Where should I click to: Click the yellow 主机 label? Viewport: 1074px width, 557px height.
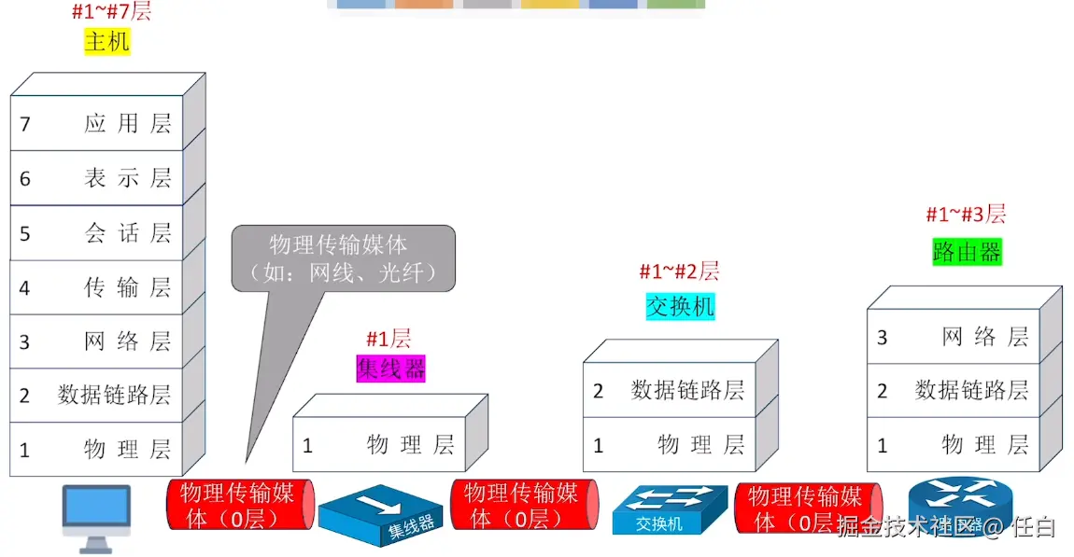tap(106, 42)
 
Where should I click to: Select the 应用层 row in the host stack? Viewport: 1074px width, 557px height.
tap(96, 123)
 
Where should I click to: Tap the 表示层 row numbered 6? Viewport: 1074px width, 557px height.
tap(96, 178)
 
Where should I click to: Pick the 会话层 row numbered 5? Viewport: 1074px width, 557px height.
tap(96, 232)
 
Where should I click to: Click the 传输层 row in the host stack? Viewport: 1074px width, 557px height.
tap(96, 287)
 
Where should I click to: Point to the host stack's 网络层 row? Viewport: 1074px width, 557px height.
tap(96, 341)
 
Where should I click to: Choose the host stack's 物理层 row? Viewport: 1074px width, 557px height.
tap(96, 449)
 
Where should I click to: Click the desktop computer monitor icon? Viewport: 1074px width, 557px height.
tap(96, 518)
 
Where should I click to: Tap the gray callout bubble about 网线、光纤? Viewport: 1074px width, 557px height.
tap(343, 258)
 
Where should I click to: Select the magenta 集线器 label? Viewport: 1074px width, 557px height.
tap(390, 369)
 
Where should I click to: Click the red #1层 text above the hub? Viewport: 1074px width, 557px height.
tap(389, 339)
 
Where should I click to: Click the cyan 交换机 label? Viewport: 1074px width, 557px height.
tap(680, 307)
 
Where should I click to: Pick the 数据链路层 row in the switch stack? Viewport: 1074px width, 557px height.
tap(670, 390)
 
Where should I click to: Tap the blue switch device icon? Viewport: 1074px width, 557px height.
tap(670, 509)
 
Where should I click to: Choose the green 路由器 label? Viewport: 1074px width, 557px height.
tap(968, 252)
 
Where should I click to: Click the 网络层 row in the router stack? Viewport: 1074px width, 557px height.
tap(954, 337)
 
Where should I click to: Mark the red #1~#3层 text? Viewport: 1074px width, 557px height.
tap(966, 215)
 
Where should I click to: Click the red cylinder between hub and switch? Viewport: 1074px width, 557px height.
tap(525, 505)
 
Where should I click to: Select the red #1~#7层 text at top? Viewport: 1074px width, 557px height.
tap(112, 11)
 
